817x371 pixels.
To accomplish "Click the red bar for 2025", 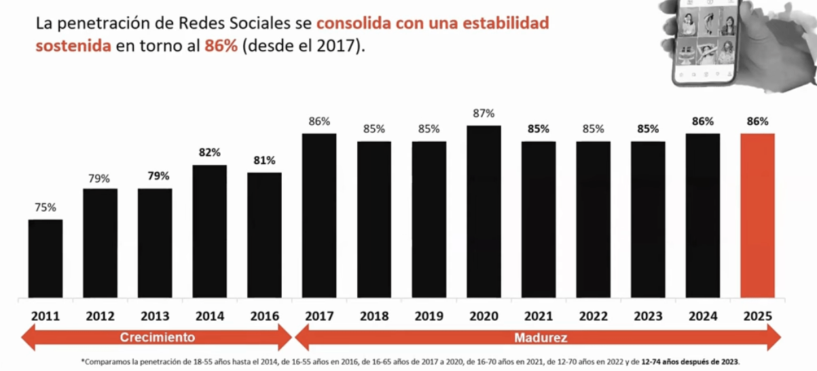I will (x=757, y=216).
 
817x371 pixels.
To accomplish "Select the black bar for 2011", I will (x=46, y=258).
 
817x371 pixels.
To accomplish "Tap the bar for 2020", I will (x=484, y=212).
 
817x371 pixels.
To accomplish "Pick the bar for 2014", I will (x=210, y=231).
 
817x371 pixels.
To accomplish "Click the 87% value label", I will (x=484, y=113).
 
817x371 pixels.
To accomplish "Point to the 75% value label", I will (x=46, y=208).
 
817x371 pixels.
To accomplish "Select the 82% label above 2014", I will (x=210, y=153).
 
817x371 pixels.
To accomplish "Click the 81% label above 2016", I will (x=264, y=161).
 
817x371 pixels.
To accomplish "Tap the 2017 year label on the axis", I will (x=319, y=316).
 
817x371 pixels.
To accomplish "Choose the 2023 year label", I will (x=648, y=316).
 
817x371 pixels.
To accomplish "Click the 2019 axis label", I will (x=429, y=316).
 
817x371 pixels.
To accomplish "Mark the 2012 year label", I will (x=101, y=316).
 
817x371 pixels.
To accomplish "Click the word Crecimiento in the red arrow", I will (x=158, y=337).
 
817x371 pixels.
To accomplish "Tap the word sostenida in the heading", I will (x=73, y=48).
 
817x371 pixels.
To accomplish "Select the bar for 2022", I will (x=593, y=220).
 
